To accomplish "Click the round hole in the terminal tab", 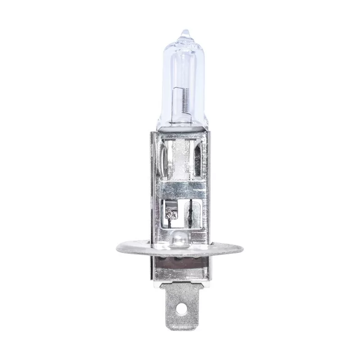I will [x=180, y=309].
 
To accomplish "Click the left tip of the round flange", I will [x=118, y=246].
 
